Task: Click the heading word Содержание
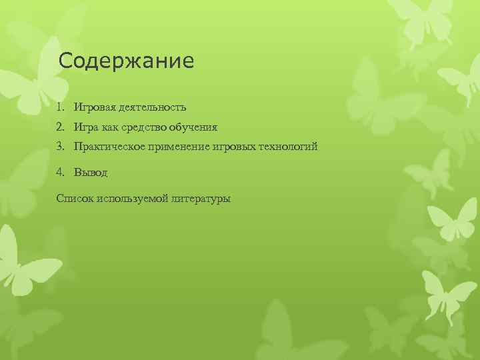(x=126, y=61)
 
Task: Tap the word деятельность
(x=153, y=107)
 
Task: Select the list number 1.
(x=60, y=107)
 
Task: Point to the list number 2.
(x=60, y=126)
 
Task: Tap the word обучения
(x=193, y=126)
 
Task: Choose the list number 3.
(x=60, y=145)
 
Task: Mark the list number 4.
(x=60, y=172)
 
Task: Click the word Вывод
(x=91, y=172)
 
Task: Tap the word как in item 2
(x=110, y=126)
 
